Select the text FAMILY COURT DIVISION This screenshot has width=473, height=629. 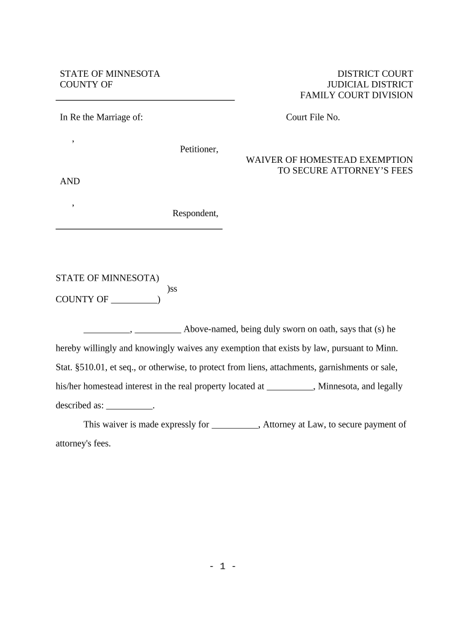(x=356, y=95)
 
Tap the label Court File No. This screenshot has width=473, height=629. (x=313, y=117)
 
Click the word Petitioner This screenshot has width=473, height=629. (x=198, y=149)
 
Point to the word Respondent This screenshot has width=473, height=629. (x=195, y=214)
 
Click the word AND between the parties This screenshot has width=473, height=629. (x=69, y=181)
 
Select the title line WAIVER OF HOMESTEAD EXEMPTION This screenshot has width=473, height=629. (x=329, y=160)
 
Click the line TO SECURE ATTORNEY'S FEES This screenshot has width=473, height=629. (x=345, y=171)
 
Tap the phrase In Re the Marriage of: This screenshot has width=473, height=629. (x=101, y=117)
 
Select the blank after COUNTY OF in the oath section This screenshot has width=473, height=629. (x=134, y=300)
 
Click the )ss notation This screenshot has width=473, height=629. (x=172, y=288)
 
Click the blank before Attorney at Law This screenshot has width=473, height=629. (x=235, y=424)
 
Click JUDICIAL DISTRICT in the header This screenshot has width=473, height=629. (x=370, y=84)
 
